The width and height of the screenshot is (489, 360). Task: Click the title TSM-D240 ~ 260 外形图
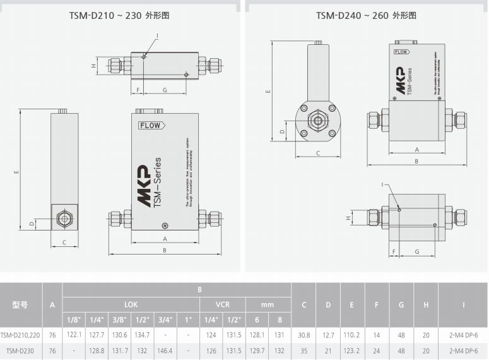point(366,15)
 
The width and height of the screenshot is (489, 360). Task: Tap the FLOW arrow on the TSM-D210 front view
point(151,125)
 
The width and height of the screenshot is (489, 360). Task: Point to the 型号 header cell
point(20,305)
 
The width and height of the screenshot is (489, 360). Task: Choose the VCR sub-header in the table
point(221,304)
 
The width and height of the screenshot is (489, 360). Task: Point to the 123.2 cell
point(352,351)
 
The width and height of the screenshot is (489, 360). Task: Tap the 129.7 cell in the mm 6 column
point(256,351)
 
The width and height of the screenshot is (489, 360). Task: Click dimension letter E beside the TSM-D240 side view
point(268,92)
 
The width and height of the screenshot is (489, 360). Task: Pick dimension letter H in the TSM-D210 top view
point(93,65)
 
